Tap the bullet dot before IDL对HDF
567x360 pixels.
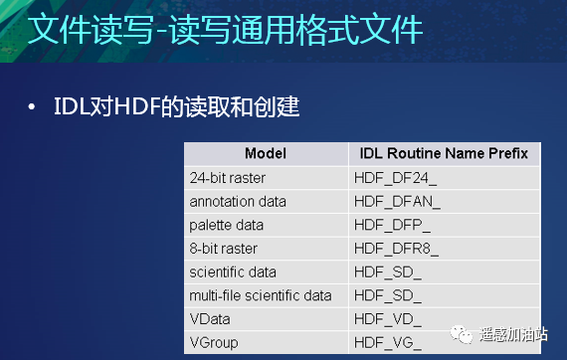(33, 106)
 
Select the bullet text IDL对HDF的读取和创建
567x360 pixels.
(176, 106)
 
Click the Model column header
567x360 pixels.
(265, 153)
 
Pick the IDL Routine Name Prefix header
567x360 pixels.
(444, 153)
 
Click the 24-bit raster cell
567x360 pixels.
(228, 177)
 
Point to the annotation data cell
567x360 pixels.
(238, 201)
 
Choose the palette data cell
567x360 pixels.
(226, 225)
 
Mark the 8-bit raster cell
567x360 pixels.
(224, 248)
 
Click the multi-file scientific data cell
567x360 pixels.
(261, 295)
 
